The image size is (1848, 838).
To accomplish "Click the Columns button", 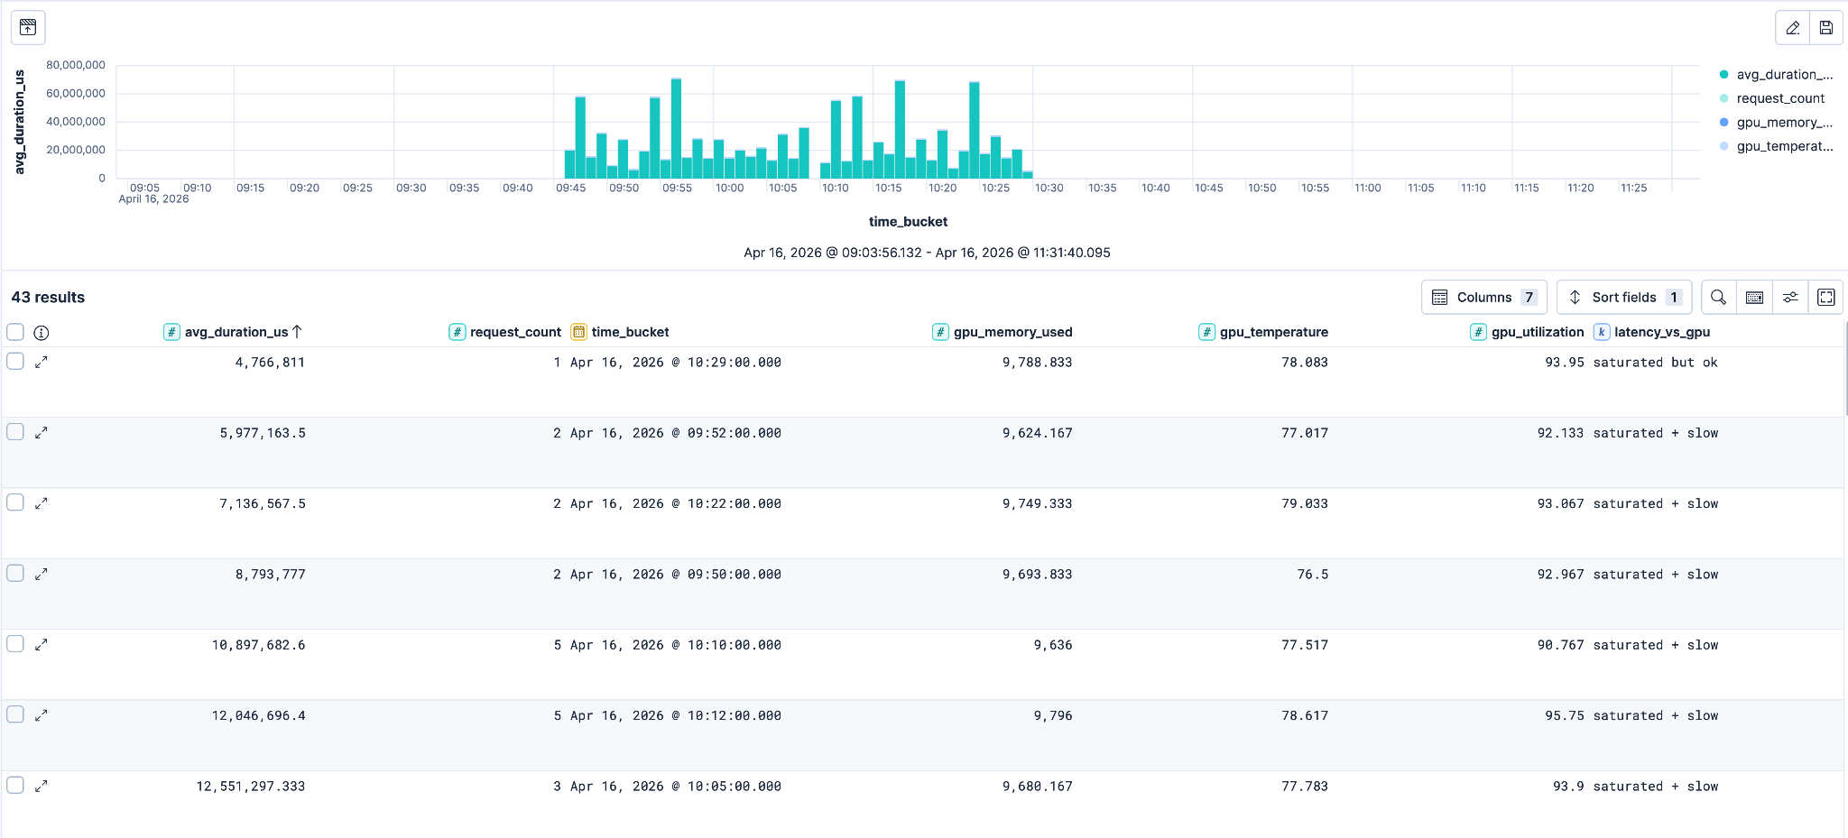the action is tap(1483, 297).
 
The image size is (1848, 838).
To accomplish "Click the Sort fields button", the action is tap(1623, 297).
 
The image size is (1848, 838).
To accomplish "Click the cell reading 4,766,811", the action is tap(270, 363).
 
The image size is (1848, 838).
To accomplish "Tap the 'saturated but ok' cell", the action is tap(1655, 363).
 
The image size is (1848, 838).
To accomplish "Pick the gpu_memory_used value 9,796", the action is tap(1053, 716).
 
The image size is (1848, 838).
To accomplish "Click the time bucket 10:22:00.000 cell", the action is tap(676, 504).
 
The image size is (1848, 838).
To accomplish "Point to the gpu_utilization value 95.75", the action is tap(1564, 716).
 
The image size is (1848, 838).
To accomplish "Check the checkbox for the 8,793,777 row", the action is tap(15, 574).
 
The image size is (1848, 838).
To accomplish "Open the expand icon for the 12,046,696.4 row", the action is tap(41, 715).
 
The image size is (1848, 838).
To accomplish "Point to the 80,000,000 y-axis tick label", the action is tap(76, 65).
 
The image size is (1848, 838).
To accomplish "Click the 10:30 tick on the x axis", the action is tap(1049, 188).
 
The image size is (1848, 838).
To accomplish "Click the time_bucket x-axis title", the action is tap(908, 222).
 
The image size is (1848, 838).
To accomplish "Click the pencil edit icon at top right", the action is tap(1792, 28).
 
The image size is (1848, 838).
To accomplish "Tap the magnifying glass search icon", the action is tap(1718, 297).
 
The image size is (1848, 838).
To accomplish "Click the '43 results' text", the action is tap(48, 298).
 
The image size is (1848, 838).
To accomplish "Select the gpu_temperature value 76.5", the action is tap(1312, 575).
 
